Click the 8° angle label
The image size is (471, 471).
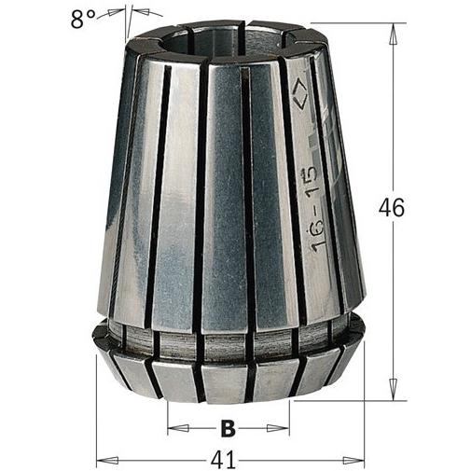pyautogui.click(x=82, y=20)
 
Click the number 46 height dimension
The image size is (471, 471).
pyautogui.click(x=392, y=207)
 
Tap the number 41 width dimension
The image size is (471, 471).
pyautogui.click(x=224, y=460)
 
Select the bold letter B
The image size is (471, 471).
pyautogui.click(x=229, y=428)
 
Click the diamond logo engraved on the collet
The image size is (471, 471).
pyautogui.click(x=300, y=93)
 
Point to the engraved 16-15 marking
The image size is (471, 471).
pyautogui.click(x=313, y=209)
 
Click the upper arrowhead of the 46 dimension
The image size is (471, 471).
pyautogui.click(x=394, y=35)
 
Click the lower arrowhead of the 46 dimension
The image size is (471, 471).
pyautogui.click(x=394, y=389)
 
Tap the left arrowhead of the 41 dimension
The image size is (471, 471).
pyautogui.click(x=108, y=460)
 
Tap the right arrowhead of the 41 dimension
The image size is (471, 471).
pyautogui.click(x=353, y=460)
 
